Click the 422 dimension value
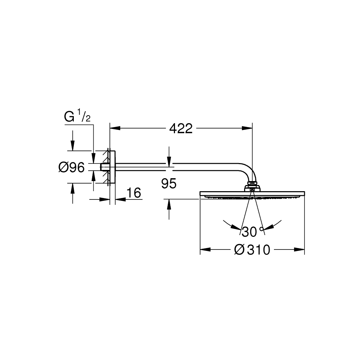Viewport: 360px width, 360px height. click(181, 129)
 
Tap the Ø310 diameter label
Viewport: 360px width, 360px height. click(252, 249)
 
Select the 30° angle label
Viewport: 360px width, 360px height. click(252, 231)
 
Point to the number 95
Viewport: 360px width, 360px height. click(169, 184)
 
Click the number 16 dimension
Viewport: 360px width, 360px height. click(134, 193)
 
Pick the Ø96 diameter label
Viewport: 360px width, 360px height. click(71, 167)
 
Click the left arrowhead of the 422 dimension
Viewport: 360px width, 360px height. click(115, 128)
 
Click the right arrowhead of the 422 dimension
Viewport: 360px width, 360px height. click(247, 128)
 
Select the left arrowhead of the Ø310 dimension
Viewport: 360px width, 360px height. click(206, 249)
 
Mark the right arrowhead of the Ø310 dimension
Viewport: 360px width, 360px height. click(300, 249)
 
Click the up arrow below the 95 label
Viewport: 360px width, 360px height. click(169, 204)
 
